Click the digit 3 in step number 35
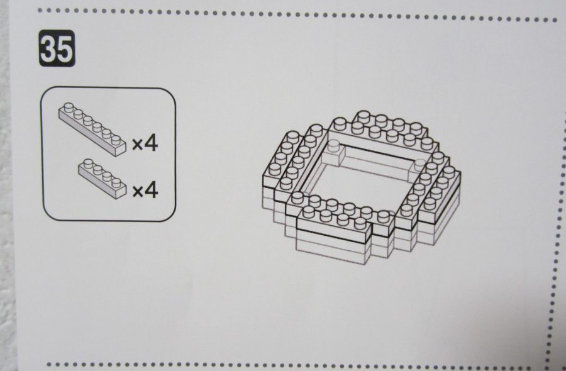click(48, 48)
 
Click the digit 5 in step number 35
click(65, 48)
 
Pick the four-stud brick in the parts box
click(103, 179)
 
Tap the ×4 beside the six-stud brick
click(145, 143)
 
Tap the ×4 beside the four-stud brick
click(145, 190)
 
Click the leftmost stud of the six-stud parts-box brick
click(69, 107)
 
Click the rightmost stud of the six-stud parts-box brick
click(116, 140)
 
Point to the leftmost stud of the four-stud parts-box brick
click(88, 163)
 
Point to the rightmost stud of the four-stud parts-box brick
click(116, 182)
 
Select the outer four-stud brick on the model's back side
click(392, 125)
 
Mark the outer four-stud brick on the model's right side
click(440, 195)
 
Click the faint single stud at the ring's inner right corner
click(419, 164)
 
